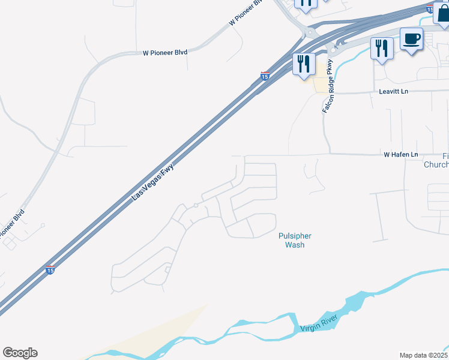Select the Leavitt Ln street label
(393, 91)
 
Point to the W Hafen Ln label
(401, 155)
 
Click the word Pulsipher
(295, 236)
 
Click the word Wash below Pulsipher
(295, 245)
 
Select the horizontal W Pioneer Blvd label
(165, 53)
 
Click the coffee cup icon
(411, 40)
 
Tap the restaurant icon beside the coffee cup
(382, 48)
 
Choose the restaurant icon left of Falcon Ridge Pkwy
(304, 63)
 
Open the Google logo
(20, 353)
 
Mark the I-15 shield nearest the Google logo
(50, 271)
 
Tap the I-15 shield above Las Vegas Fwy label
(265, 76)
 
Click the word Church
(436, 164)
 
